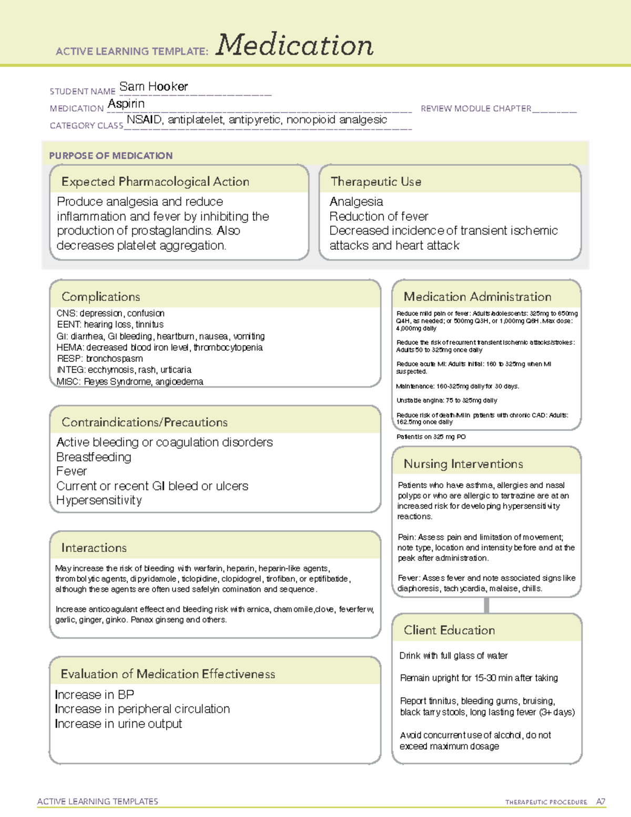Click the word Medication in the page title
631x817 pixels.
coord(294,45)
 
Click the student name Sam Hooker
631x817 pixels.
coord(154,86)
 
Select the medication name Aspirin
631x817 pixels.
coord(126,104)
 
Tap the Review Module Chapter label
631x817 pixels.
coord(476,108)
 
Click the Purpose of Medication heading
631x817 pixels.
coord(111,156)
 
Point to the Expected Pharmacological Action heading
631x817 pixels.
coord(155,181)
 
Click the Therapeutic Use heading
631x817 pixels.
coord(375,181)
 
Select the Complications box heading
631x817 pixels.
coord(101,297)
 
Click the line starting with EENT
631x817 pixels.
coord(110,325)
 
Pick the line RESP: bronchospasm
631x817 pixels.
coord(99,359)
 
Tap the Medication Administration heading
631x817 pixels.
coord(477,297)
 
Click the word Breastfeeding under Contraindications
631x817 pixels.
coord(94,457)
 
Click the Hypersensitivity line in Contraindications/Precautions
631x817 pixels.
coord(99,500)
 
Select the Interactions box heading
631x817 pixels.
coord(94,548)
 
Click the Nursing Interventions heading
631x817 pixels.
coord(463,464)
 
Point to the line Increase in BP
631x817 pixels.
coord(95,694)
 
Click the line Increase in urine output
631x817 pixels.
coord(118,724)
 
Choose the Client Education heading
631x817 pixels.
coord(449,630)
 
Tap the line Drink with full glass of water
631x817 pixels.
coord(453,656)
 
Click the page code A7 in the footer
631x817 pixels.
coord(601,802)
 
